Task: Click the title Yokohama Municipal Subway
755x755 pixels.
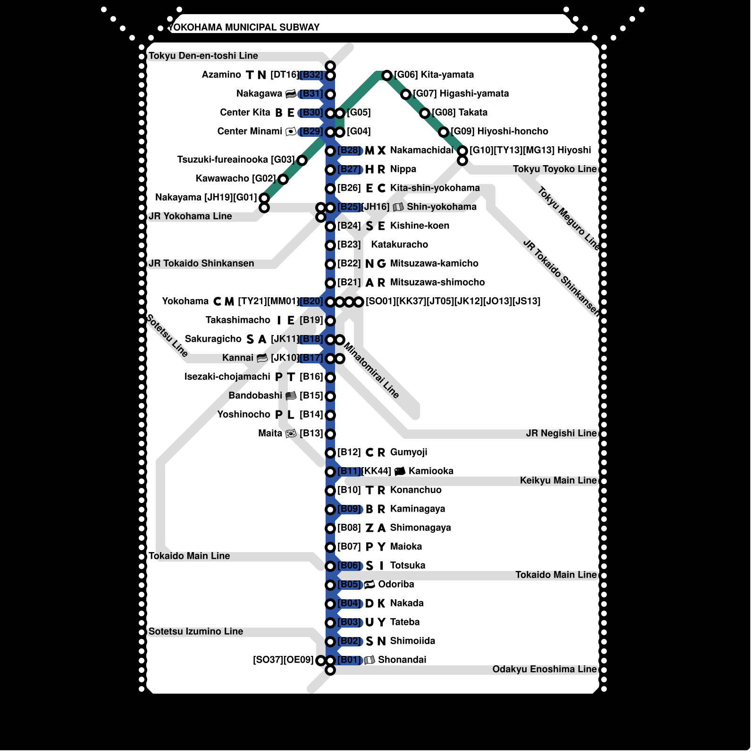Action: (244, 27)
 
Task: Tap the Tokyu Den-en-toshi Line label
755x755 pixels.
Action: (203, 56)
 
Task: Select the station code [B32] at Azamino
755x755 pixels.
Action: (311, 75)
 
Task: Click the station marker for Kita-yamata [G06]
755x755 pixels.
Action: (387, 75)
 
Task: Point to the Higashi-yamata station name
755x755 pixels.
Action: (474, 93)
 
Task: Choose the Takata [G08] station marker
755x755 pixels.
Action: (425, 113)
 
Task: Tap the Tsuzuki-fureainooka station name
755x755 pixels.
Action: (222, 159)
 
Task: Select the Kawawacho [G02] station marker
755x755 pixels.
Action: (283, 179)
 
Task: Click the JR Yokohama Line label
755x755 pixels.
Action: (190, 216)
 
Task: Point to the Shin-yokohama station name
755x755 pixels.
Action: (442, 207)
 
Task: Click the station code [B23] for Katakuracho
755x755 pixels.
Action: (349, 244)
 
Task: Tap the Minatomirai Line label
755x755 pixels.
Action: (371, 370)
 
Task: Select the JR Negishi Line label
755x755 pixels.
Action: (561, 433)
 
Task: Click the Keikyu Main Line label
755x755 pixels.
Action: (558, 480)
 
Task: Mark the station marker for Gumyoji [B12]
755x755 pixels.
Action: (330, 453)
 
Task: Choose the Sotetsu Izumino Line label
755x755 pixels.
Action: (196, 631)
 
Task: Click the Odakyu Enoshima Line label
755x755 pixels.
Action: (544, 669)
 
